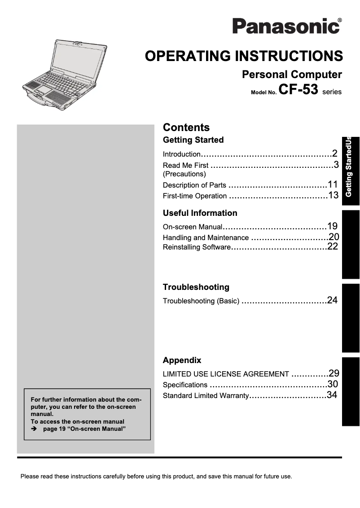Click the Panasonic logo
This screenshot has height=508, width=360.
286,26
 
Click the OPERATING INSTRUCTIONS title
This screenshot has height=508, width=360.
244,56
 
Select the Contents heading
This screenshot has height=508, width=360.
186,127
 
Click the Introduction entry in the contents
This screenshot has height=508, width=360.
181,154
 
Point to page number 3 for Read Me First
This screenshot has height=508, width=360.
335,164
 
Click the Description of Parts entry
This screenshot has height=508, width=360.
194,185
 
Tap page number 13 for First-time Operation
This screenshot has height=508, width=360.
333,195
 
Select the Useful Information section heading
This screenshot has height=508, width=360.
200,213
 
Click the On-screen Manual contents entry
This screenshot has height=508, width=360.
192,227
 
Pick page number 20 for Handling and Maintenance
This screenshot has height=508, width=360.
334,237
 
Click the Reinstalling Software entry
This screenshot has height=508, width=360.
196,247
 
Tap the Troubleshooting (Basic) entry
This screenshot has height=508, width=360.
201,301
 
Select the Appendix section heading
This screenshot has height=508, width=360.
182,360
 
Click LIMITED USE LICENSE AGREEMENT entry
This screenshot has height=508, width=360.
226,374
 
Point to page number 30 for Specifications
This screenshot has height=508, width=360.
333,384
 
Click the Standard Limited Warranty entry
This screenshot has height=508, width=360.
206,395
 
